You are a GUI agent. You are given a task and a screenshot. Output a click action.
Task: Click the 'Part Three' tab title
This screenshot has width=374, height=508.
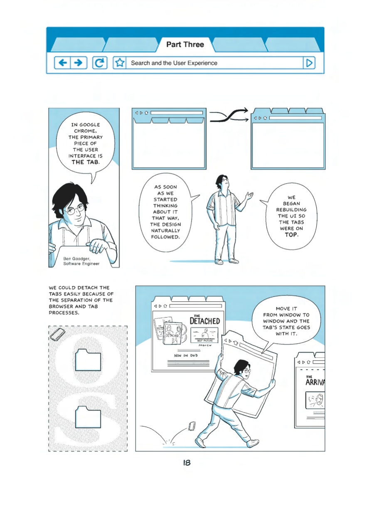pos(185,44)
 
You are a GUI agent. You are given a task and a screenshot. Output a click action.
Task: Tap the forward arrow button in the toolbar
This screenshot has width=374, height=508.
pos(79,63)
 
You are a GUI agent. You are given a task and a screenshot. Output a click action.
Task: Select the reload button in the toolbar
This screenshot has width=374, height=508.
pos(100,63)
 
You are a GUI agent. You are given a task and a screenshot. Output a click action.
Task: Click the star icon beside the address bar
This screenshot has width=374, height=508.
pos(120,63)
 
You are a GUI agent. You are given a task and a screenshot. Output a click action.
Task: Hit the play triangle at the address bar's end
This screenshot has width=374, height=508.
pos(309,63)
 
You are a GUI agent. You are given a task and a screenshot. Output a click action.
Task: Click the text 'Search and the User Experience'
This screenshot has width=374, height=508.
pos(174,63)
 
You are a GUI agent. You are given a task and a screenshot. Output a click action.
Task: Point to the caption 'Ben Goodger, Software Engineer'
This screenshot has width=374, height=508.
pos(81,261)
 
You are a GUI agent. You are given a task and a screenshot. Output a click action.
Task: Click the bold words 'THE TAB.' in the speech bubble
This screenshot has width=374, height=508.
pos(86,162)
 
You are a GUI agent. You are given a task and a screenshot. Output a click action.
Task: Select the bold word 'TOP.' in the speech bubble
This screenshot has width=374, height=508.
pos(292,235)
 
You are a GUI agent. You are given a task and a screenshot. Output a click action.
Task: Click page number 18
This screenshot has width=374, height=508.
pos(187,463)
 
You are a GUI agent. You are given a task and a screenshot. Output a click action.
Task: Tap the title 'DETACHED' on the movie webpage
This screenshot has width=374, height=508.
pos(204,321)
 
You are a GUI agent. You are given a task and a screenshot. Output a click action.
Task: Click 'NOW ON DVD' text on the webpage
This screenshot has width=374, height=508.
pos(186,355)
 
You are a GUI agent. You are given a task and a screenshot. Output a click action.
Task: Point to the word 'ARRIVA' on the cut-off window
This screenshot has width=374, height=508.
pos(315,382)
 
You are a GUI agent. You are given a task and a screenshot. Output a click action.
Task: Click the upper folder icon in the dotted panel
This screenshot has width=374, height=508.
pos(88,360)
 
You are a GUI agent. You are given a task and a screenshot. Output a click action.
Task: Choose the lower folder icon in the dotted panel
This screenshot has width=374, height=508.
pos(88,417)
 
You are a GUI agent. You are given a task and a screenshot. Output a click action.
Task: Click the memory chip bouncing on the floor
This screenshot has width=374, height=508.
pos(192,426)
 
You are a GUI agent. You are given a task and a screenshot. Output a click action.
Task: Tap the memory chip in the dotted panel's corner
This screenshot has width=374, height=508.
pos(57,334)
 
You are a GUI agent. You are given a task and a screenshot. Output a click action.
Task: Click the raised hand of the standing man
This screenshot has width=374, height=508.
pos(250,195)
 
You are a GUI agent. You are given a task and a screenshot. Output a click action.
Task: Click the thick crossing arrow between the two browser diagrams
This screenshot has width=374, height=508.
pos(229,116)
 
